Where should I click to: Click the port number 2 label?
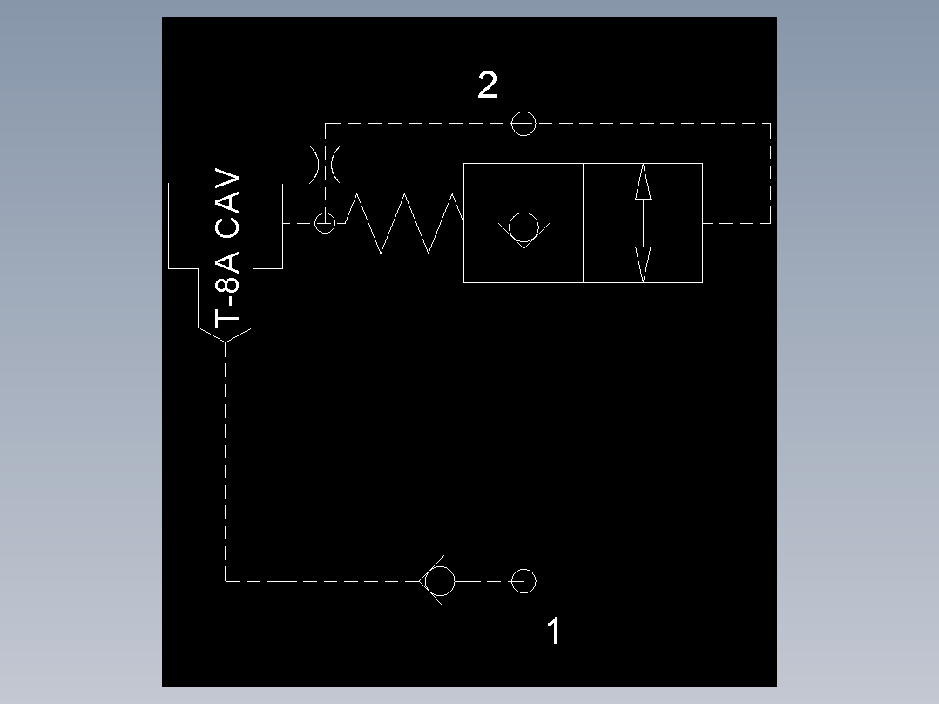click(488, 85)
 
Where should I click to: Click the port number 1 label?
click(554, 632)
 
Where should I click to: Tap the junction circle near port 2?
click(524, 123)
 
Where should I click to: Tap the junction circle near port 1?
click(524, 580)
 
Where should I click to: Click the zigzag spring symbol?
click(405, 223)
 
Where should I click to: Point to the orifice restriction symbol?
click(325, 164)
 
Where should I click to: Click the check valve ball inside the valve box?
click(524, 227)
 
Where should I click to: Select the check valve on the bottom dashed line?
click(439, 580)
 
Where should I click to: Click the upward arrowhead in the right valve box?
click(643, 182)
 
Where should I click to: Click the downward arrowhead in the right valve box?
click(643, 264)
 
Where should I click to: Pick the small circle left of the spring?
click(325, 223)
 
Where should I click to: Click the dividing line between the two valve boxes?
click(583, 223)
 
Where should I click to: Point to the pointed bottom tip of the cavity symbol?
click(226, 342)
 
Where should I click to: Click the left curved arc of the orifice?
click(314, 164)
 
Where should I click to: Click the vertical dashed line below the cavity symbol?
click(226, 462)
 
